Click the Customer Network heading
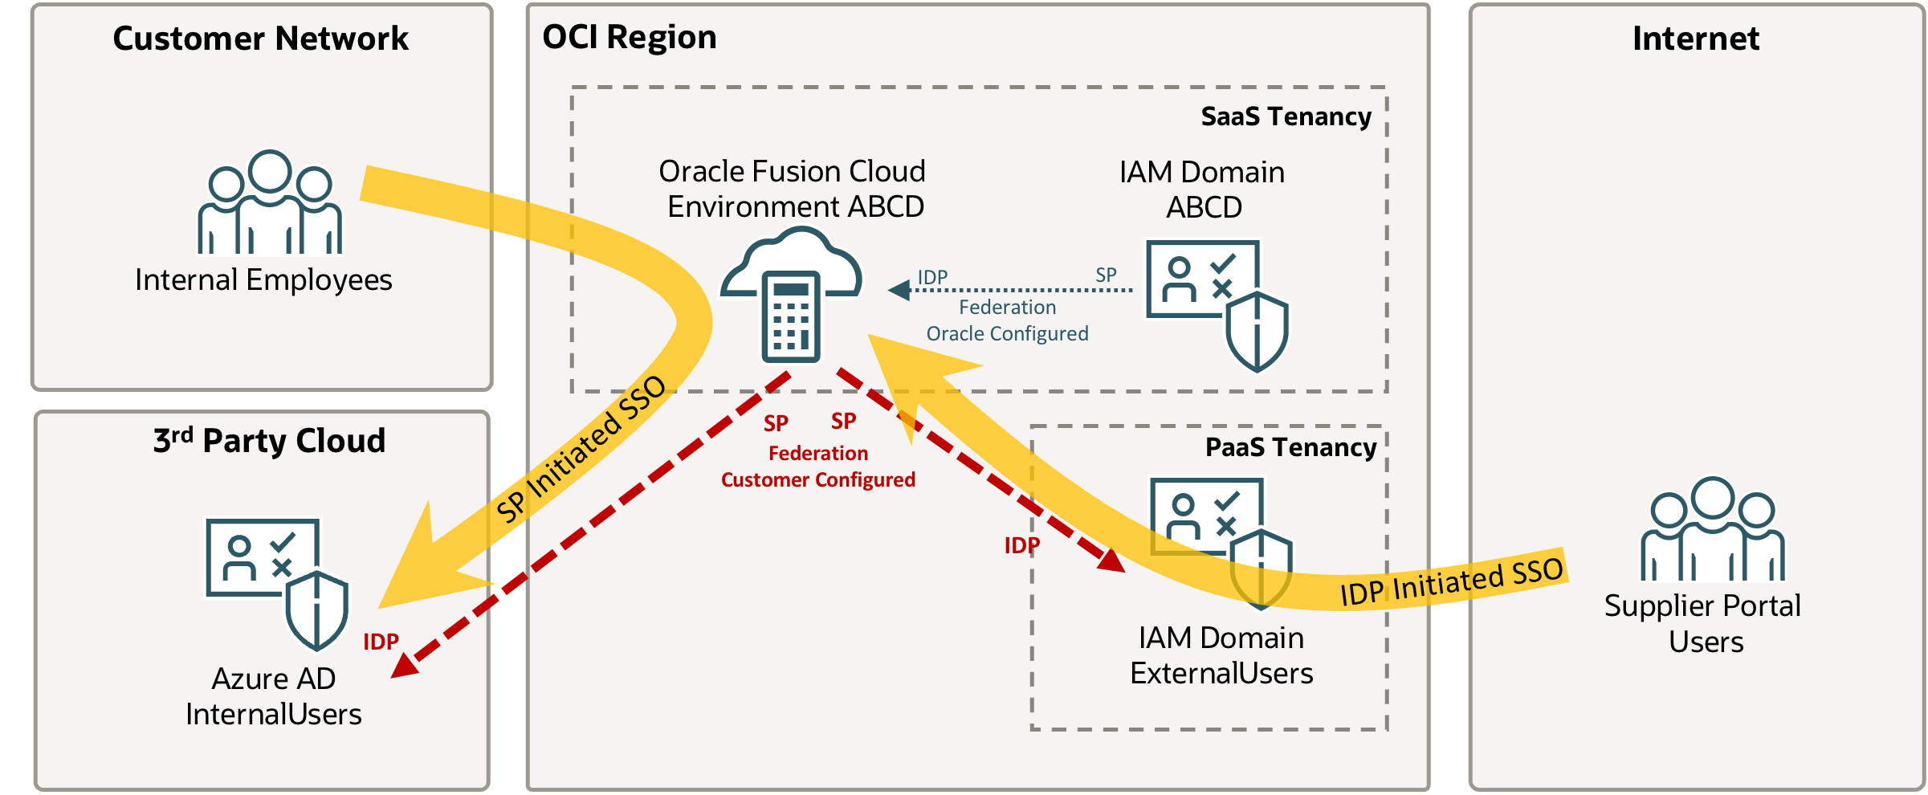[260, 39]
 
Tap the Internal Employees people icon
[270, 204]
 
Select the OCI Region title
[629, 37]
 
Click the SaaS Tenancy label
[1286, 116]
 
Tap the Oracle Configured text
[1007, 333]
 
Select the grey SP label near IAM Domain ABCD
[1106, 275]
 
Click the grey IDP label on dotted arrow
[932, 277]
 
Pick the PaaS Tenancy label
[1290, 447]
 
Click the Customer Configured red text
[817, 479]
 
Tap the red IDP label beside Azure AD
[381, 642]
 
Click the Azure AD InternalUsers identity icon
[277, 582]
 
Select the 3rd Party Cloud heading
[269, 441]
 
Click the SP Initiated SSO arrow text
[580, 450]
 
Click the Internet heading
[1695, 39]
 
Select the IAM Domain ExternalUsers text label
[1221, 655]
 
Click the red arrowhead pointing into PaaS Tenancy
[1111, 561]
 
